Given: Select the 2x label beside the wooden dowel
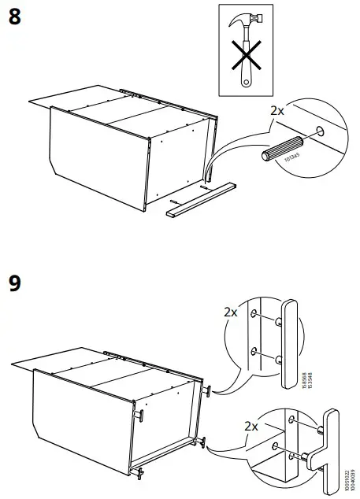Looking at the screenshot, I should tap(277, 112).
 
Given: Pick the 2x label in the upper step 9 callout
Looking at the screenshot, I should tap(230, 312).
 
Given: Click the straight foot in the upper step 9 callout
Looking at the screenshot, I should tap(288, 342).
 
